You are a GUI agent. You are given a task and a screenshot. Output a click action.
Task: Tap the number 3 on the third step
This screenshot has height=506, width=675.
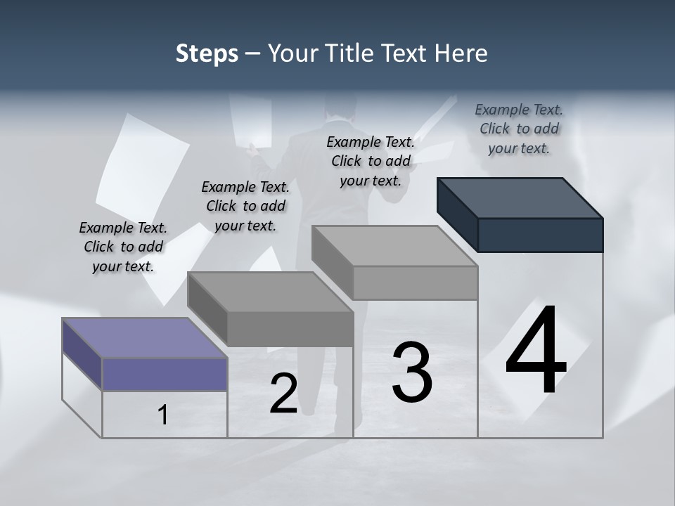point(412,372)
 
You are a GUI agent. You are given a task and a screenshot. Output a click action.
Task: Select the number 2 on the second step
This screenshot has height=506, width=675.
point(283,394)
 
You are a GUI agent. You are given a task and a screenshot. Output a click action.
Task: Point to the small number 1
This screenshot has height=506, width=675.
point(163,415)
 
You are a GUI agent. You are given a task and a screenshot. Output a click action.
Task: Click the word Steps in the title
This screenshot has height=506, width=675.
point(207,53)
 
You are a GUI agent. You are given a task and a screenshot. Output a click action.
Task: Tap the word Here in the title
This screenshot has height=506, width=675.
point(462,53)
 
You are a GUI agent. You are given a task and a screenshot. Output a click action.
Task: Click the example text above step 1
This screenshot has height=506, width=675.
point(123,247)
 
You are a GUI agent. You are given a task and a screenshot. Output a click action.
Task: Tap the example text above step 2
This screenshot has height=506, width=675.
point(245,206)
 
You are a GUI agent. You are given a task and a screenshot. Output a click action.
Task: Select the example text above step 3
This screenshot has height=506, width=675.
point(371,161)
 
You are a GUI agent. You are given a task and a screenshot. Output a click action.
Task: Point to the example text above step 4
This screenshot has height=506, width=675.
point(519,129)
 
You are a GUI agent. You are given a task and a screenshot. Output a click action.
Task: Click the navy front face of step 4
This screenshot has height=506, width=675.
point(540,235)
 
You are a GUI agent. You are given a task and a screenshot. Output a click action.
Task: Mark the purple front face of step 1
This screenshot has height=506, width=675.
point(165,374)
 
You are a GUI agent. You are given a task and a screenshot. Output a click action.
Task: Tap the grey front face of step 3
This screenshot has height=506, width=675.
point(415,283)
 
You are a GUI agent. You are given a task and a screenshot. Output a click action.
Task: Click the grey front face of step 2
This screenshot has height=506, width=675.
point(290,328)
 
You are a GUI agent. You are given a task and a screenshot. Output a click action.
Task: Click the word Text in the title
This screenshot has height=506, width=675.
point(407,53)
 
